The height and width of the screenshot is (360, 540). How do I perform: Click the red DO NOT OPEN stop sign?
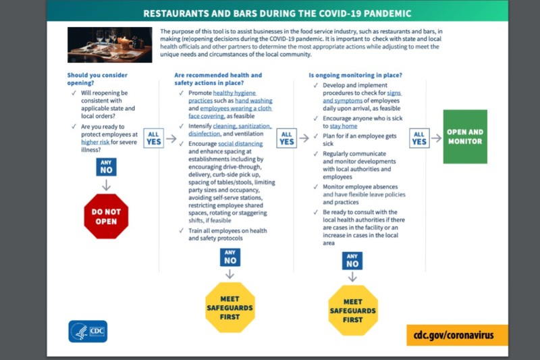[x=106, y=216]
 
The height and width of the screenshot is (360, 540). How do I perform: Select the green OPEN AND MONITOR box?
[x=465, y=136]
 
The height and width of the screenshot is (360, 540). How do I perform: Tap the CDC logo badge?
[x=88, y=332]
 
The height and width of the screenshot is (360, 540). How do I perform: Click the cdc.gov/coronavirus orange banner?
[x=457, y=335]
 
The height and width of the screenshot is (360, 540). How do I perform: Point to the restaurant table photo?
[x=109, y=45]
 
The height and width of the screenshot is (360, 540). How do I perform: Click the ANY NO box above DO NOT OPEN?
[x=106, y=167]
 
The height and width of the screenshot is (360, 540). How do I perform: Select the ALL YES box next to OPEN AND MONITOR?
[x=419, y=138]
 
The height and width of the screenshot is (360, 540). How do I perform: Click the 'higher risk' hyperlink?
[x=95, y=142]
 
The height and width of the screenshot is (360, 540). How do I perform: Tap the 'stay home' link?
[x=344, y=126]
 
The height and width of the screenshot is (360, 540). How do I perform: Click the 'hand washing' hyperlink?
[x=254, y=101]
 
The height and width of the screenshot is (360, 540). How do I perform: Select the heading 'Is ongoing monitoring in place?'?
[x=356, y=75]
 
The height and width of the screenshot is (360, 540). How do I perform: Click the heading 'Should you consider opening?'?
[x=97, y=79]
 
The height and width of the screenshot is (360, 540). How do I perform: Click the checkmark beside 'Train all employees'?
[x=181, y=230]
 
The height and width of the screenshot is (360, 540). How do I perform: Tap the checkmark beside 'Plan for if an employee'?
[x=315, y=136]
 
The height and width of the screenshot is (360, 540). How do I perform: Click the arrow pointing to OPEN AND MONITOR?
[x=436, y=138]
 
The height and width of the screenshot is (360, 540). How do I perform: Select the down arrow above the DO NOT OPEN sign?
[x=106, y=185]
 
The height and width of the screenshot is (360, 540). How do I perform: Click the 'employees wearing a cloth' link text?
[x=236, y=108]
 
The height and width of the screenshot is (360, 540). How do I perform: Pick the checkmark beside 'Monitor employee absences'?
[x=315, y=186]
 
